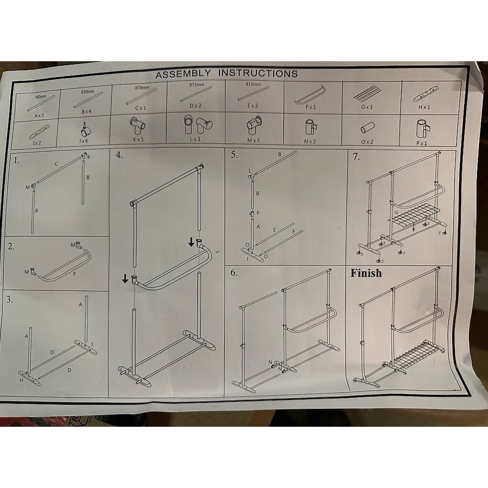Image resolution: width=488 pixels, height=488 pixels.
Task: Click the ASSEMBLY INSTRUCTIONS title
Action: [x=226, y=73]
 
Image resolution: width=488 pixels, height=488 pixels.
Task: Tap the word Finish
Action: [x=366, y=273]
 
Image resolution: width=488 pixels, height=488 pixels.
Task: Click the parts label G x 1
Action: [x=366, y=107]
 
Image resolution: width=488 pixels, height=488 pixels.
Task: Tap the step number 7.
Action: [x=355, y=156]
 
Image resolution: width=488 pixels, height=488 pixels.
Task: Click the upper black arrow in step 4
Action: [x=191, y=242]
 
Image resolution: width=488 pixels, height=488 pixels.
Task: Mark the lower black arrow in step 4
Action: [x=125, y=278]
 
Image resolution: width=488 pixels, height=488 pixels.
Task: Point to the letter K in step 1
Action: [x=89, y=157]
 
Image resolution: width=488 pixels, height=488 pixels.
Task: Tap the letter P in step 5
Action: [x=257, y=212]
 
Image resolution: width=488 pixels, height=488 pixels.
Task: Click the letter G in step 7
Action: [x=396, y=212]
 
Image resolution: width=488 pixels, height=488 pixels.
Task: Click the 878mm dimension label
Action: [x=142, y=88]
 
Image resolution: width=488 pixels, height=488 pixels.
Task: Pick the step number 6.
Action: [x=234, y=273]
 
